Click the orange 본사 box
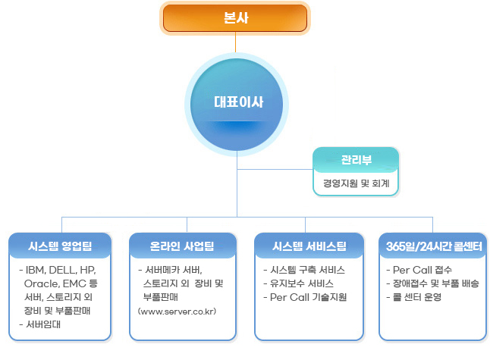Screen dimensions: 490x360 pyautogui.click(x=235, y=18)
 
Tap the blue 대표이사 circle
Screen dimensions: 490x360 pyautogui.click(x=237, y=105)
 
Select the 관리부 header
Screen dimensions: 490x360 pyautogui.click(x=356, y=160)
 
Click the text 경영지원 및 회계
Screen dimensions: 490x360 pyautogui.click(x=356, y=183)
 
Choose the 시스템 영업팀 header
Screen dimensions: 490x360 pyautogui.click(x=60, y=246)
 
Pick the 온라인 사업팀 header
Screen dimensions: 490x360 pyautogui.click(x=183, y=246)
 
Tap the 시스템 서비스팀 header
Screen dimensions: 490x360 pyautogui.click(x=309, y=246)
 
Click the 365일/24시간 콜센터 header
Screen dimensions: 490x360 pyautogui.click(x=433, y=246)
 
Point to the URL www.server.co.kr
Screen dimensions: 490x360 pyautogui.click(x=177, y=311)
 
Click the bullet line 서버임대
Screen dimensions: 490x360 pyautogui.click(x=40, y=324)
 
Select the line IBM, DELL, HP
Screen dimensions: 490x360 pyautogui.click(x=58, y=270)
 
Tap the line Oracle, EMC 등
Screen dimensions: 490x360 pyautogui.click(x=61, y=283)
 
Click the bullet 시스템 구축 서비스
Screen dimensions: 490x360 pyautogui.click(x=304, y=270)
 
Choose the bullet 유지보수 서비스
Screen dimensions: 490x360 pyautogui.click(x=298, y=283)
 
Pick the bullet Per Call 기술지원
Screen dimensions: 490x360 pyautogui.click(x=306, y=297)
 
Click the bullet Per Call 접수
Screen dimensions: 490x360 pyautogui.click(x=419, y=270)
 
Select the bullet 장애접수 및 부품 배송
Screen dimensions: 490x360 pyautogui.click(x=433, y=283)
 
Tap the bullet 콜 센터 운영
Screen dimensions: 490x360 pyautogui.click(x=414, y=297)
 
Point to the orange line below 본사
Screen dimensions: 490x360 pyautogui.click(x=236, y=42)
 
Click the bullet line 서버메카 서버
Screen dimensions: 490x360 pyautogui.click(x=171, y=270)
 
